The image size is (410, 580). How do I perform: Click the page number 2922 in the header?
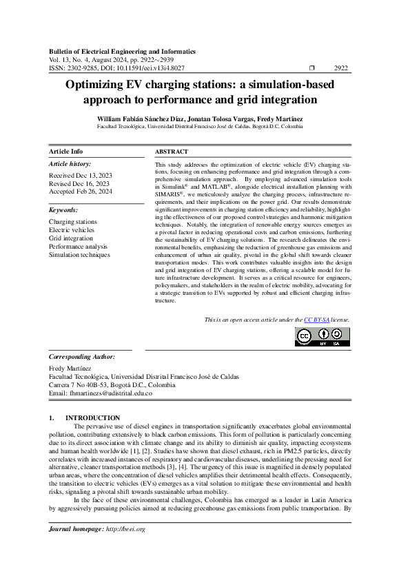[x=340, y=68]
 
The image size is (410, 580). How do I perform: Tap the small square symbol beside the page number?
[x=311, y=68]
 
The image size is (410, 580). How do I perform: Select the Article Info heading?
[x=65, y=152]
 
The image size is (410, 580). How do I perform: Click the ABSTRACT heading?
[x=172, y=152]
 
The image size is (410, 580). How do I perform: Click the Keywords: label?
[x=63, y=209]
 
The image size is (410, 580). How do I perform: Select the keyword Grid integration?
[x=70, y=238]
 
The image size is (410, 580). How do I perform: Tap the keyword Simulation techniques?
[x=79, y=255]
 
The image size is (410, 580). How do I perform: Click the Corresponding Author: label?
[x=82, y=357]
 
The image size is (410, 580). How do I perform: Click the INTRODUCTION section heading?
[x=92, y=417]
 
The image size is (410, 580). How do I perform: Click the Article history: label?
[x=70, y=164]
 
